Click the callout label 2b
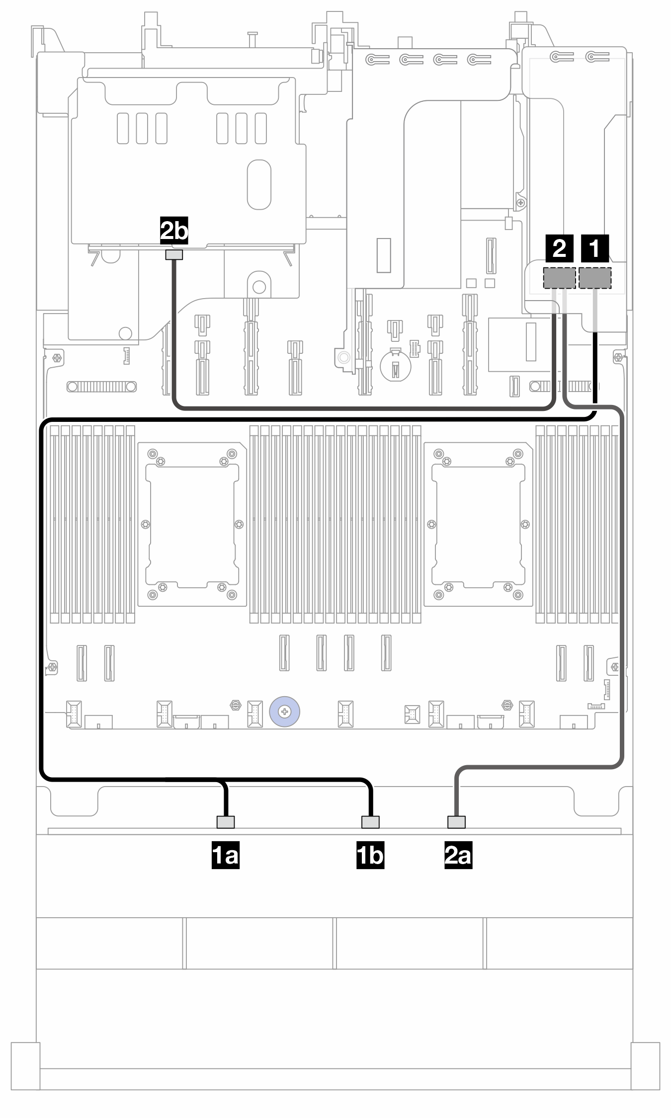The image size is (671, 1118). pyautogui.click(x=174, y=230)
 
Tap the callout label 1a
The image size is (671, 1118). pyautogui.click(x=226, y=855)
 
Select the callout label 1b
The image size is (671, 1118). pyautogui.click(x=370, y=855)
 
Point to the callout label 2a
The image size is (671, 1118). pyautogui.click(x=458, y=855)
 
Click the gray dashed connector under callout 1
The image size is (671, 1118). pyautogui.click(x=595, y=278)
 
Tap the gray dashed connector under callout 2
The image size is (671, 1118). pyautogui.click(x=560, y=278)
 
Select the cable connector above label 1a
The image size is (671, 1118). pyautogui.click(x=226, y=822)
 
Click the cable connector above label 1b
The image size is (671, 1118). pyautogui.click(x=370, y=822)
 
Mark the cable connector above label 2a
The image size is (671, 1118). pyautogui.click(x=456, y=822)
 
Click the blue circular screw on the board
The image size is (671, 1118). pyautogui.click(x=284, y=712)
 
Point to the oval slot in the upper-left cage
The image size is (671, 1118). pyautogui.click(x=259, y=185)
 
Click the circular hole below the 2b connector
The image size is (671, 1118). pyautogui.click(x=259, y=287)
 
